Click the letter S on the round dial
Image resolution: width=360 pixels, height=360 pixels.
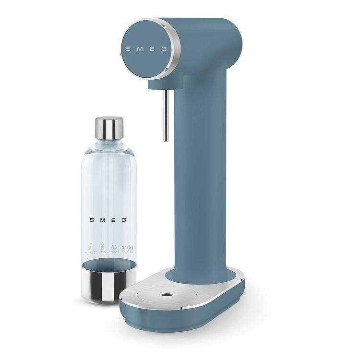click(x=127, y=48)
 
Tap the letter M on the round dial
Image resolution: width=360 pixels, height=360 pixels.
click(x=139, y=48)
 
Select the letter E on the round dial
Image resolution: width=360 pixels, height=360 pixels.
click(x=152, y=48)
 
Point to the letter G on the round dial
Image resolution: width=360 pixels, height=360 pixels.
click(x=164, y=48)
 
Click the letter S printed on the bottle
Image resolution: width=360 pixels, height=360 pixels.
click(x=92, y=220)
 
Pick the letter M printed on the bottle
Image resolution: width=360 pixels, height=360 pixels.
click(x=103, y=220)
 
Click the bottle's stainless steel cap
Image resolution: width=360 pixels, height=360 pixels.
click(x=109, y=128)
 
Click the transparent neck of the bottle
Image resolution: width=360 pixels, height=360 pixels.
click(x=109, y=144)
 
